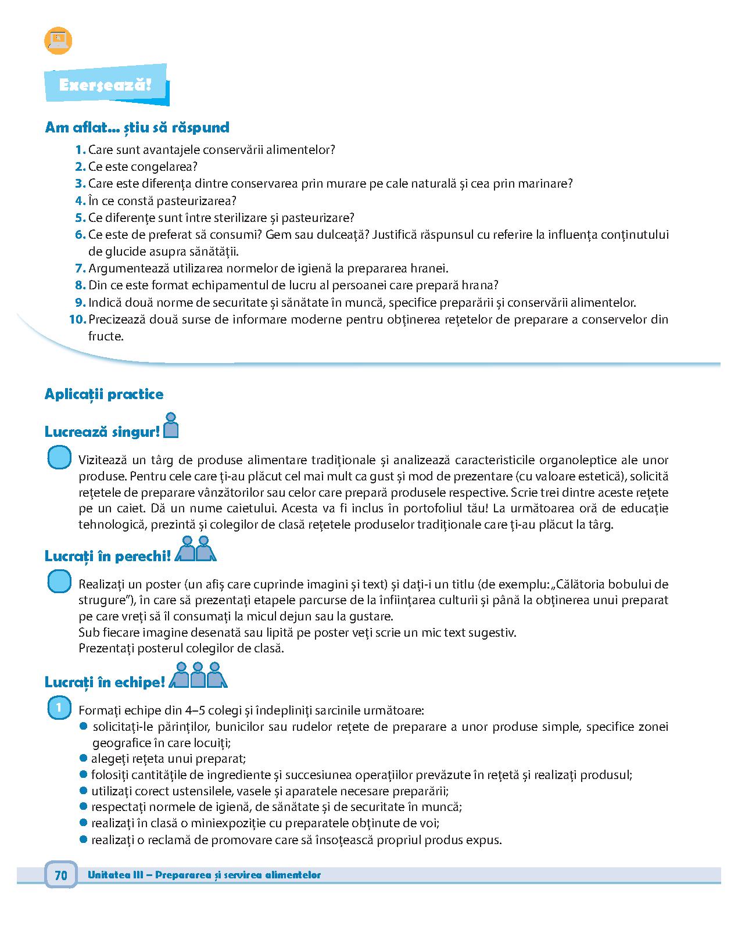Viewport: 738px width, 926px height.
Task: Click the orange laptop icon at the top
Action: tap(58, 41)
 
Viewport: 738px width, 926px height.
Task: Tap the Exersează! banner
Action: tap(106, 85)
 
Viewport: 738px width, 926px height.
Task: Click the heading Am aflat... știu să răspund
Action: tap(137, 127)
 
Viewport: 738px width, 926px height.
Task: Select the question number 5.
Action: tap(80, 218)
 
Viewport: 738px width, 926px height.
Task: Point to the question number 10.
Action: tap(77, 320)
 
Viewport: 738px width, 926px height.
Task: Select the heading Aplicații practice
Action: tap(104, 394)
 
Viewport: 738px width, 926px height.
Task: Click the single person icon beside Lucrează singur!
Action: tap(171, 425)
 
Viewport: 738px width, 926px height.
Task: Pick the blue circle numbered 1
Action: tap(58, 708)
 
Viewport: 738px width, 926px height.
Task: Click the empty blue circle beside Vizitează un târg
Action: tap(59, 458)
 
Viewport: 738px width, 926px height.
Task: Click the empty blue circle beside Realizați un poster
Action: tap(59, 582)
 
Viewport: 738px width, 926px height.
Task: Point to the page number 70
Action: tap(61, 875)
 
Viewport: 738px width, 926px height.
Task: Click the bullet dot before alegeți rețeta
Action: tap(84, 758)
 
